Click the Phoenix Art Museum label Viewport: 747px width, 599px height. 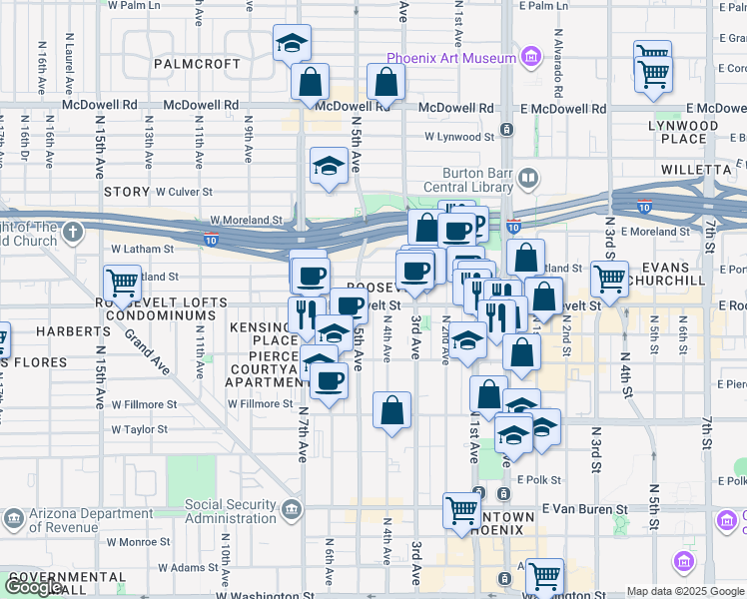[449, 58]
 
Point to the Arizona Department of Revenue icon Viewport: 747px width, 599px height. [13, 518]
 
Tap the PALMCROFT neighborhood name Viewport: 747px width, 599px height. [198, 64]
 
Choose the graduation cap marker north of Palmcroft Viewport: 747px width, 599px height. [292, 44]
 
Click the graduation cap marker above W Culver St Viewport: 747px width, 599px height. [329, 165]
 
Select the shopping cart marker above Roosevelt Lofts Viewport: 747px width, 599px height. [122, 283]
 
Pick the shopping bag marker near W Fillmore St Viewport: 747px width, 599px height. [392, 409]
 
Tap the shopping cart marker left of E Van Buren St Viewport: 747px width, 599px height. [461, 510]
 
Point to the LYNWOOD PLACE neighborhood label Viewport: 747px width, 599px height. [683, 133]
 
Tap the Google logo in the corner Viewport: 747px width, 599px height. [33, 588]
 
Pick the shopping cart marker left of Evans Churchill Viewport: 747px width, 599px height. [608, 278]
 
